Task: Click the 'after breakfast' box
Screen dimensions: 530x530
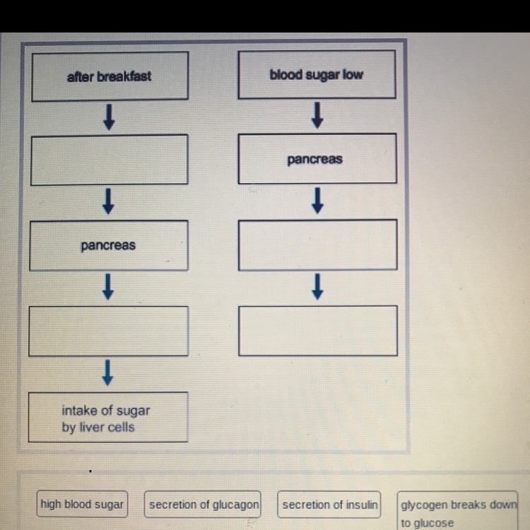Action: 108,76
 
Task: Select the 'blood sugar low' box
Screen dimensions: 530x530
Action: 316,74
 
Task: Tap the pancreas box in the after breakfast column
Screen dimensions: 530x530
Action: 108,245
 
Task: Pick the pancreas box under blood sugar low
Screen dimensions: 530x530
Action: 316,159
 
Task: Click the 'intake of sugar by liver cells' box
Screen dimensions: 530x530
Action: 108,418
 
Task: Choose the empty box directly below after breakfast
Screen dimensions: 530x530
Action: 108,159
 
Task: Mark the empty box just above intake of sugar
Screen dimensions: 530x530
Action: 108,331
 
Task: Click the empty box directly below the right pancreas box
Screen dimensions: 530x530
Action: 317,245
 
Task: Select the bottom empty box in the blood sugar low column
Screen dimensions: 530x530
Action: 317,331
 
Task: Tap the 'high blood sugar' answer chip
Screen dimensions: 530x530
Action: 82,505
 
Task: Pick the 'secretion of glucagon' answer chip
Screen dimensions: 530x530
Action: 204,505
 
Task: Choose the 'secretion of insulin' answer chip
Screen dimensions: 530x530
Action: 329,505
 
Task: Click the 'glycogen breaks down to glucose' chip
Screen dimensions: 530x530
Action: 458,513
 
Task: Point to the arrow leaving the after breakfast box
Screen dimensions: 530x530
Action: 108,117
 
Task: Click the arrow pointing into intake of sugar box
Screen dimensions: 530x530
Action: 108,372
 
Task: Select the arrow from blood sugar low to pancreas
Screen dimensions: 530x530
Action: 317,115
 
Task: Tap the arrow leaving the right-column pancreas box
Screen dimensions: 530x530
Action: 317,201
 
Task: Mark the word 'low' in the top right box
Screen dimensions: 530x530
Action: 353,74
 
